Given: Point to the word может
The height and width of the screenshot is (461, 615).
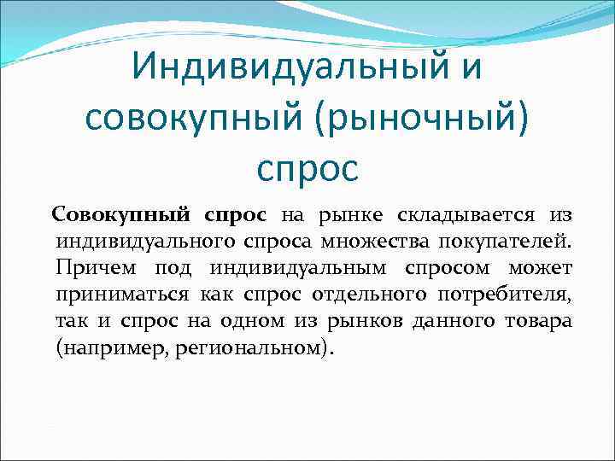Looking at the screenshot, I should pyautogui.click(x=541, y=268).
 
